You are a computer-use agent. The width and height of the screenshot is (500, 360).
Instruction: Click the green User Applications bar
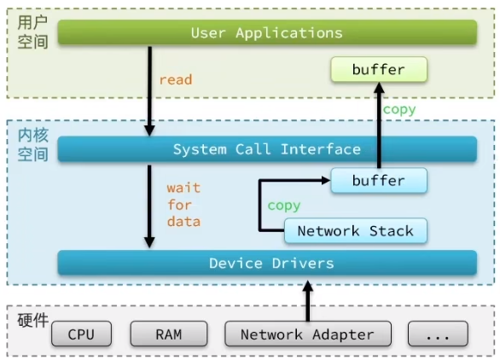(267, 32)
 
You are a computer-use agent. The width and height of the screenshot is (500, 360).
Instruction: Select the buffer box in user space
(379, 69)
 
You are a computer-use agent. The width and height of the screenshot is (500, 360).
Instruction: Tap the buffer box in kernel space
(379, 181)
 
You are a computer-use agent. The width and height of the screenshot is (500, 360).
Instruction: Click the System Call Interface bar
(267, 149)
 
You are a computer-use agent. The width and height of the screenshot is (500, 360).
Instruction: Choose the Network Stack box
(356, 231)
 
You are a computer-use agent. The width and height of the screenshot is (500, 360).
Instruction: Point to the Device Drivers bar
(267, 263)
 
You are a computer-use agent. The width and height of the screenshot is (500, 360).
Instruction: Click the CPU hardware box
(81, 334)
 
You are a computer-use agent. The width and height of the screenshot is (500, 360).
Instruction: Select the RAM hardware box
(169, 334)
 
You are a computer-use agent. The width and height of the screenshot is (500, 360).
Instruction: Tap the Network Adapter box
(308, 334)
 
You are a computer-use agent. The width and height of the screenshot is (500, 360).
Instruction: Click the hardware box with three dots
(438, 334)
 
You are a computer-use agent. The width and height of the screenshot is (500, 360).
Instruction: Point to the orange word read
(176, 79)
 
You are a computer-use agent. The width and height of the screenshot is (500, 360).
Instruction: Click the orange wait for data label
(183, 205)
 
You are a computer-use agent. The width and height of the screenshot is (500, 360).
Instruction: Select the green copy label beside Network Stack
(284, 206)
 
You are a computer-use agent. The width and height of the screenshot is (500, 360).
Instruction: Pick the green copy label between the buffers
(399, 109)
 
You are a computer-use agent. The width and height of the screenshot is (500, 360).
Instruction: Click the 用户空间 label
(32, 32)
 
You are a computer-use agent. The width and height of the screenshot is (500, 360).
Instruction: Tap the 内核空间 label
(32, 145)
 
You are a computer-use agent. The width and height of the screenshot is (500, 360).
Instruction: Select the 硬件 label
(32, 320)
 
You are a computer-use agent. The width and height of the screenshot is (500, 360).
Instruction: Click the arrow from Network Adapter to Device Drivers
(308, 300)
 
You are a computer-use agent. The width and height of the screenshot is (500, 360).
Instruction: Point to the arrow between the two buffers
(379, 125)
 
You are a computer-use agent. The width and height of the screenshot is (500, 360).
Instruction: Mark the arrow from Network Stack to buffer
(260, 206)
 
